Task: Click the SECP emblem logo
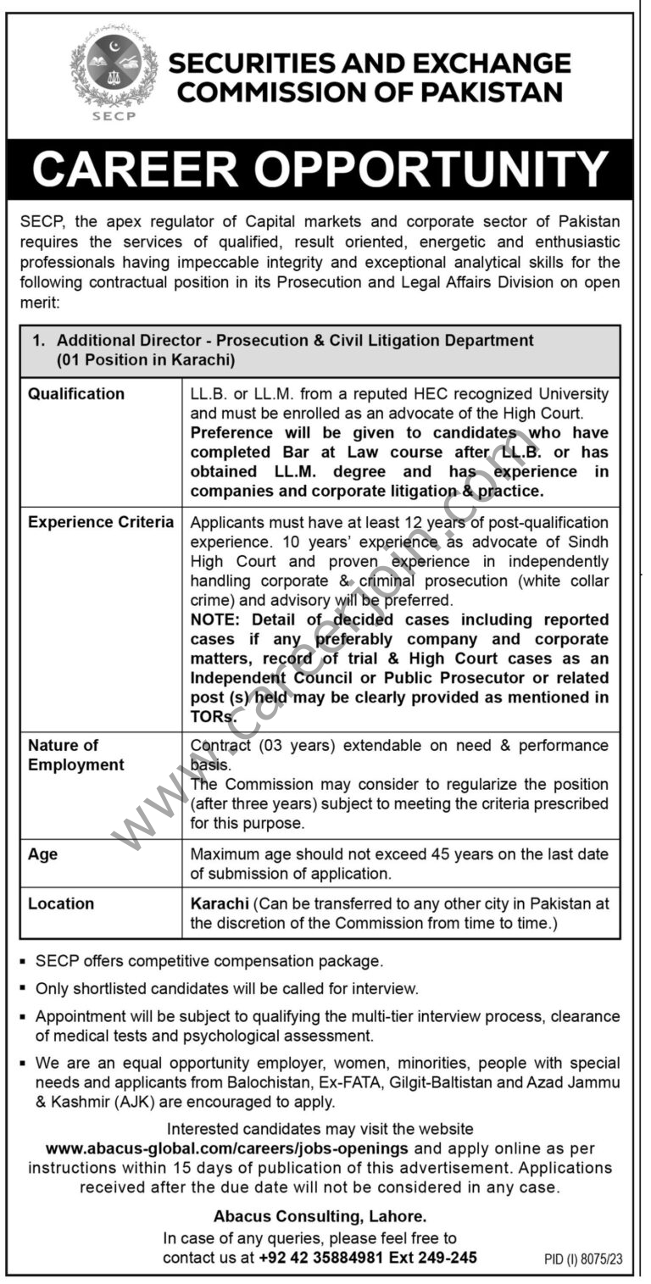114,71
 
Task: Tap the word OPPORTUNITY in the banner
431,170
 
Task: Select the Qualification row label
76,394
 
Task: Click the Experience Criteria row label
101,522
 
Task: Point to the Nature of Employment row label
76,755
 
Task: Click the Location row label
61,903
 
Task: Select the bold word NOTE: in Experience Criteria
216,620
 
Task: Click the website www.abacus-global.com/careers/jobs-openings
227,1148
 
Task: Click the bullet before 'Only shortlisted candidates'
20,988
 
